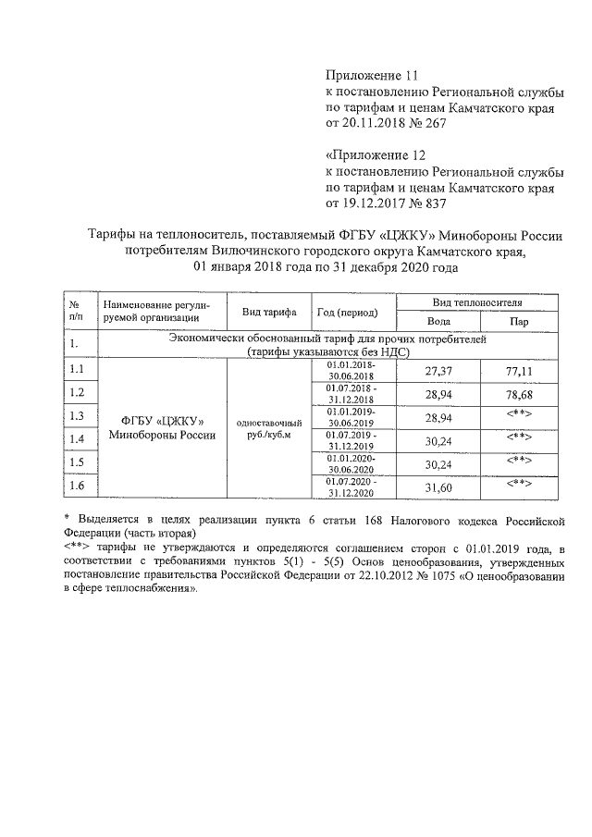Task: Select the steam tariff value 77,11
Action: click(519, 370)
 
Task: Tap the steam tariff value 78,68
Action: click(519, 393)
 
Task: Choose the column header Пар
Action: click(519, 322)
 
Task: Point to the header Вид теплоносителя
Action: click(477, 302)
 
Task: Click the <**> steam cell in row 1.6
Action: click(519, 483)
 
